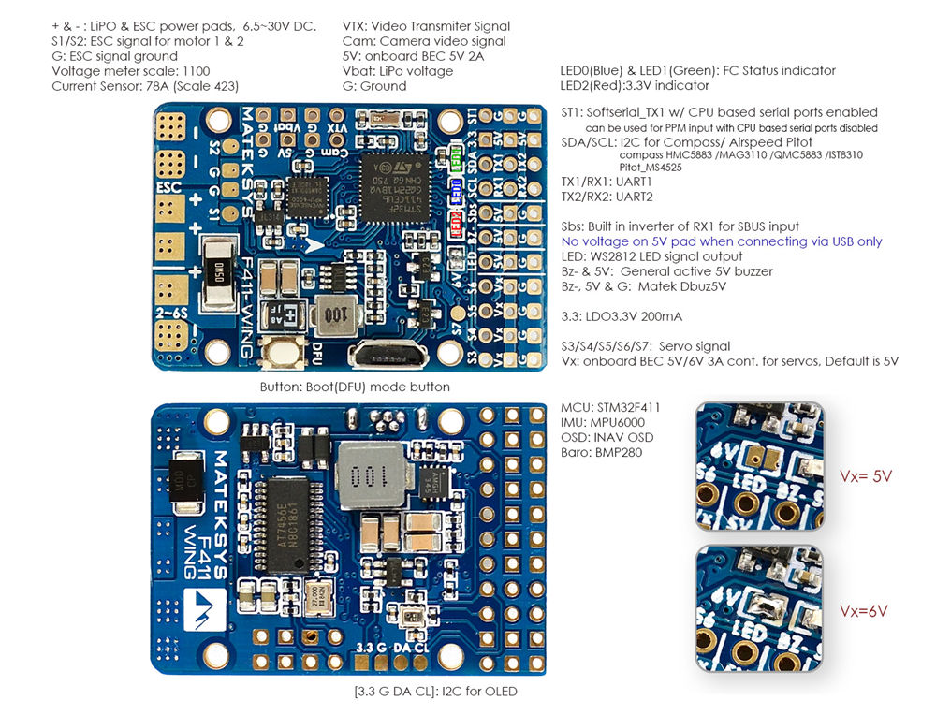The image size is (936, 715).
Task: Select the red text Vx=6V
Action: pos(864,611)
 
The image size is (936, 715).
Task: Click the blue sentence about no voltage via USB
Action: pos(721,241)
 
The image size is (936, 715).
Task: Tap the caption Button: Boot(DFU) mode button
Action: pos(355,387)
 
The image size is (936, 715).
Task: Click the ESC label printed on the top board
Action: pos(169,186)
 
